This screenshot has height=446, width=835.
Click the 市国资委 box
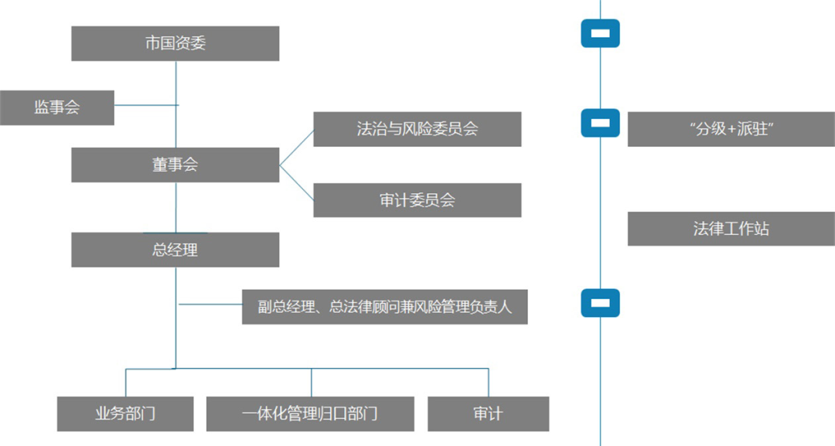[x=175, y=43]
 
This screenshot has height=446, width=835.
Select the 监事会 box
[x=56, y=107]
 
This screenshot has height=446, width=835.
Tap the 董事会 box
[x=175, y=165]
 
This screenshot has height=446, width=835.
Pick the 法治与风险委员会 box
[x=417, y=129]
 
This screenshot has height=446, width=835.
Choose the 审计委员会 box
[x=417, y=200]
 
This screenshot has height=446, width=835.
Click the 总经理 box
[x=175, y=250]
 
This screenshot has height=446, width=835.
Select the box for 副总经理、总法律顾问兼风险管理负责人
[x=384, y=307]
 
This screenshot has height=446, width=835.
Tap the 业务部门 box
[x=125, y=414]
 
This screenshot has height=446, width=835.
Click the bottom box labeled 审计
[x=488, y=414]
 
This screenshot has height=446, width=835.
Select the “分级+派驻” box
[x=731, y=129]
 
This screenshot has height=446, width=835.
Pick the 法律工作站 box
[x=731, y=229]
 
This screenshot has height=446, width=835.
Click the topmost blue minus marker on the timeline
[x=600, y=33]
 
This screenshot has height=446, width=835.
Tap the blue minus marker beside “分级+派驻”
[x=600, y=123]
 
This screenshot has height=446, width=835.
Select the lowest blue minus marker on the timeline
[x=600, y=303]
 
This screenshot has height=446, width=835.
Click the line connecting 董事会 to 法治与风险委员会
[x=296, y=147]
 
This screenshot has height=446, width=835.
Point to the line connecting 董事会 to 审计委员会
[x=296, y=183]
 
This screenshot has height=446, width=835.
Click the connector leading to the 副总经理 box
[x=210, y=305]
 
